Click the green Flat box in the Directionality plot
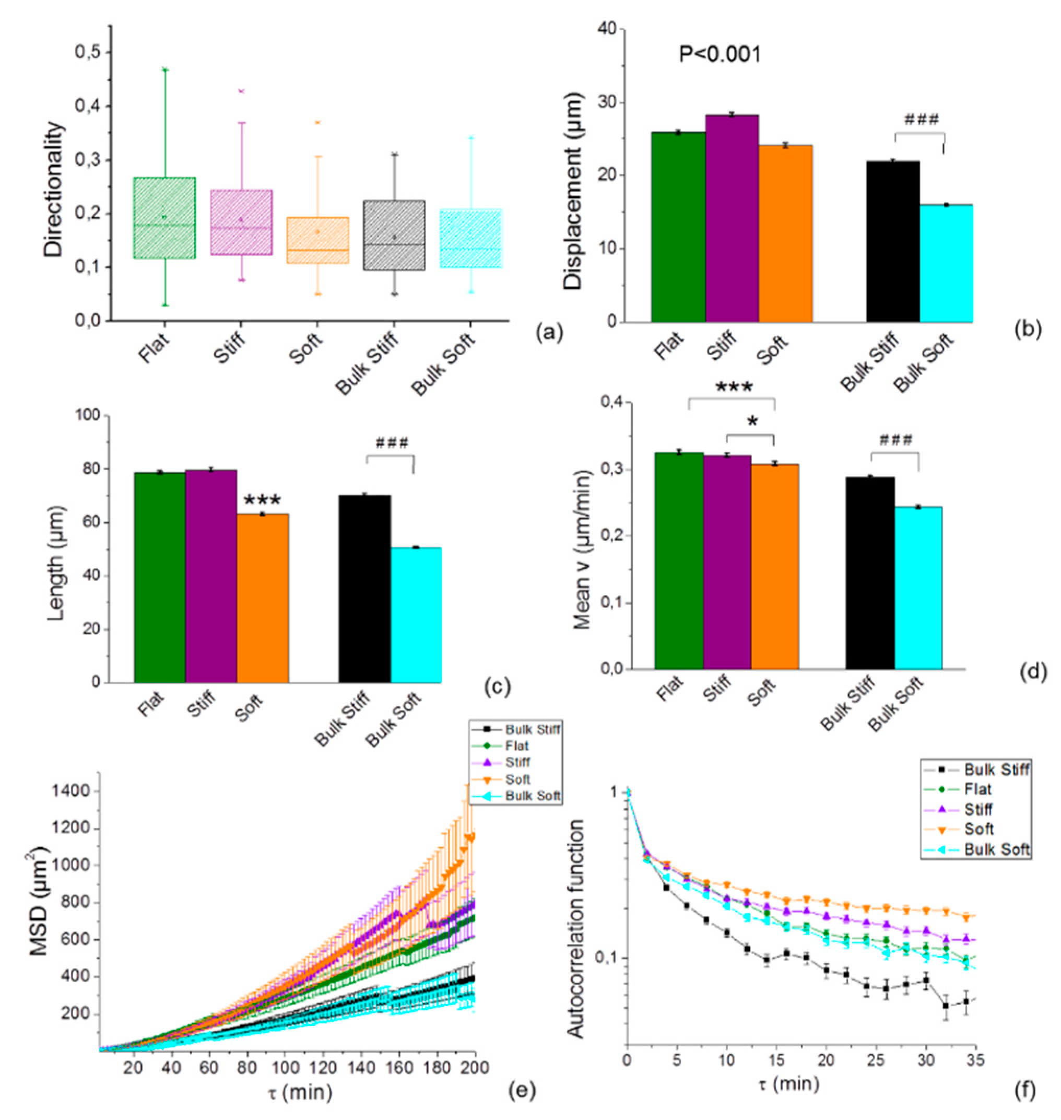point(164,218)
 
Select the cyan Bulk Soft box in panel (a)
point(470,238)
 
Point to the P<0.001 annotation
point(720,55)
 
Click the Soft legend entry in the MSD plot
point(518,779)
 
